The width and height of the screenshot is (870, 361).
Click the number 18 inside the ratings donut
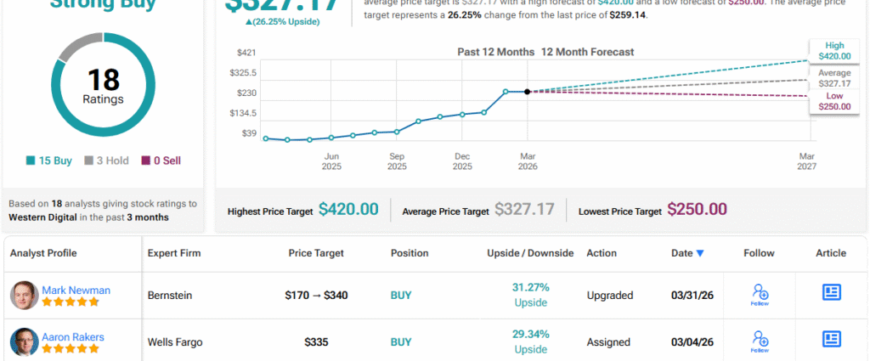(103, 80)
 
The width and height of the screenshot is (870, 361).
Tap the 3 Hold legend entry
(106, 161)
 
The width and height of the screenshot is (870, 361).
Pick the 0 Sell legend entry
(161, 161)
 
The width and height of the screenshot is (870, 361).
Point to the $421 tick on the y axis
(246, 53)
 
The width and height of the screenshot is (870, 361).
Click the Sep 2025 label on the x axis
(397, 161)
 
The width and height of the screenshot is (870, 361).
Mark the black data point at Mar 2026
(528, 92)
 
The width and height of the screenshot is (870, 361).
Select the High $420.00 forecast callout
(833, 50)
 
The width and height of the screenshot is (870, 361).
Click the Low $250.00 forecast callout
(833, 102)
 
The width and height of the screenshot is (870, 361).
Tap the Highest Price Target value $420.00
(348, 210)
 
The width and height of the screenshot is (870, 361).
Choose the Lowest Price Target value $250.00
(697, 210)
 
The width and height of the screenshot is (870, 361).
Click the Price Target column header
(316, 253)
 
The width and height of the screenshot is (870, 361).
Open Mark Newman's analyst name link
(76, 290)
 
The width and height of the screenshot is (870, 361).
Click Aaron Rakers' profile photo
(24, 341)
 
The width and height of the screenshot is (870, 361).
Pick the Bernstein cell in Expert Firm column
(170, 296)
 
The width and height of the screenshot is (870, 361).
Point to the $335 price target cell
(316, 342)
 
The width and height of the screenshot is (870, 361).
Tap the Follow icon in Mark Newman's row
(760, 295)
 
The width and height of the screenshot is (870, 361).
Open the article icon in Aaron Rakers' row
(831, 339)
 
